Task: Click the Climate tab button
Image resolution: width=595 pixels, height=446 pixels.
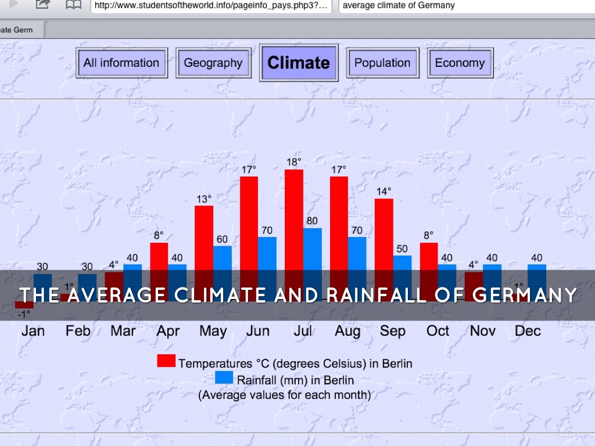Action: coord(299,63)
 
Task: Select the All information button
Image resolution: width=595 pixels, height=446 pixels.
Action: coord(121,63)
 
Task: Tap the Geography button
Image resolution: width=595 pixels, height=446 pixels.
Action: coord(213,63)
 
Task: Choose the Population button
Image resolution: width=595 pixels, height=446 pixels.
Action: coord(382,63)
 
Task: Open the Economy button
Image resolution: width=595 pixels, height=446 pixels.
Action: coord(460,63)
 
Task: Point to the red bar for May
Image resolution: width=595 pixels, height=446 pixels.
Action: coord(204,238)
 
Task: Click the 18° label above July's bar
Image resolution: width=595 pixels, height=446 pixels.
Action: coord(294,162)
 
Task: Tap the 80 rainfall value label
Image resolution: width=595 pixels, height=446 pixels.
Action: coord(313,221)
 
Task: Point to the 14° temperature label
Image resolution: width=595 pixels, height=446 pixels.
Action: coord(383,191)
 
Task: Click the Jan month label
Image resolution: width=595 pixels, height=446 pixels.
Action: coord(33,331)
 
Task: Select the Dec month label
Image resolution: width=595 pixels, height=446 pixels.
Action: coord(528,331)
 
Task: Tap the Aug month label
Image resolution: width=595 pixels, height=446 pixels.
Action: coord(347,331)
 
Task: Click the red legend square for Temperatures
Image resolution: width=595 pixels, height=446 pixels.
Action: coord(166,361)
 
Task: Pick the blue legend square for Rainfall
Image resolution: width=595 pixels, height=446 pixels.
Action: coord(224,377)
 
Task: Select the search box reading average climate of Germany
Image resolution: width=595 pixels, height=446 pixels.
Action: coord(465,6)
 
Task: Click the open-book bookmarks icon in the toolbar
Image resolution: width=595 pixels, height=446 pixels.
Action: coord(73,5)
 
